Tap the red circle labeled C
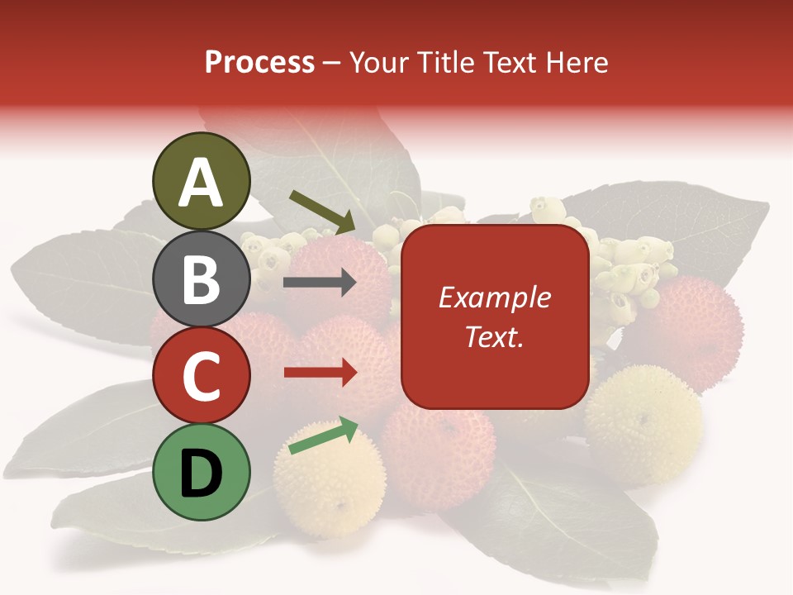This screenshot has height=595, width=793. click(202, 375)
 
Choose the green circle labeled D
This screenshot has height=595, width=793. click(202, 472)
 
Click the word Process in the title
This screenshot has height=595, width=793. click(259, 63)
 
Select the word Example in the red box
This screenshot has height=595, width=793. click(494, 297)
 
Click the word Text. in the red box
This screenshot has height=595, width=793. click(494, 336)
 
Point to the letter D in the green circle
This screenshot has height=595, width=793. click(202, 474)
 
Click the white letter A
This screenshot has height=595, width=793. click(202, 183)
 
